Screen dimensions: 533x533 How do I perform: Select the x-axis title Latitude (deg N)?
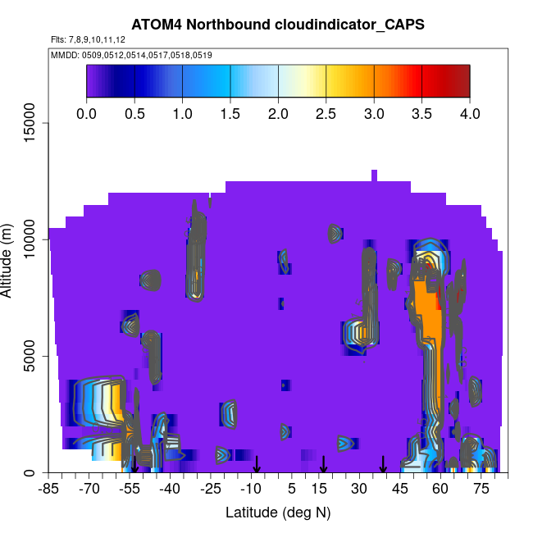point(277,512)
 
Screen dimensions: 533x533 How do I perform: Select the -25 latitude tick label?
point(211,490)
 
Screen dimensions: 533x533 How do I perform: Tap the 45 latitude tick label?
point(400,490)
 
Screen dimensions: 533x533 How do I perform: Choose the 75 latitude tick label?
point(481,490)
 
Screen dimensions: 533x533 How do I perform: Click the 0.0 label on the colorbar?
point(86,113)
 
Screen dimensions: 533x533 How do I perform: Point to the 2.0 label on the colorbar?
point(278,113)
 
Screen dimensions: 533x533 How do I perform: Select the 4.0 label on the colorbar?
point(469,113)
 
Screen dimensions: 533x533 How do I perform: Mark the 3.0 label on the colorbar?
point(374,113)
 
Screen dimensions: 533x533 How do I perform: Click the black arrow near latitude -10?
point(257,465)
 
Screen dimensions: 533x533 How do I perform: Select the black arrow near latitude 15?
point(324,465)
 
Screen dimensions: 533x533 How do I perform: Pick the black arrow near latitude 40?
point(383,465)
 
